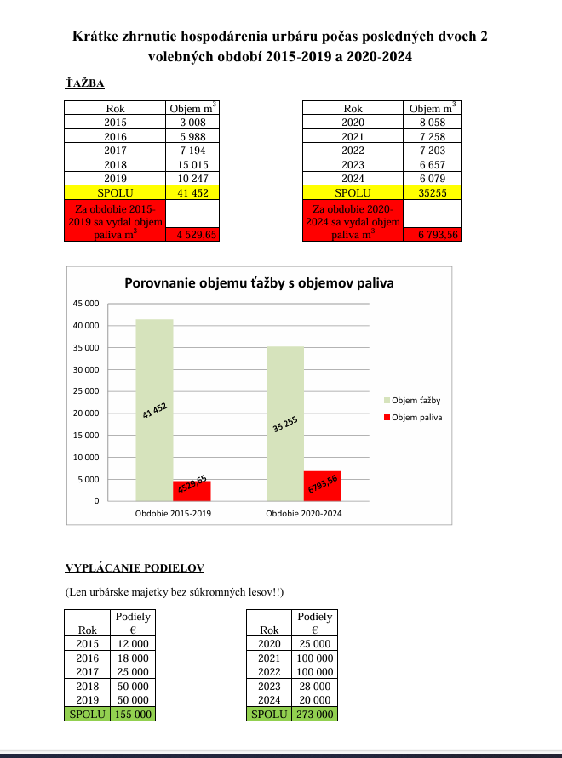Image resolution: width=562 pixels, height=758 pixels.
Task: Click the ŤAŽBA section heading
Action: click(x=84, y=83)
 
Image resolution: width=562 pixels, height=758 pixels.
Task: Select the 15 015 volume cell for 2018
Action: click(x=192, y=164)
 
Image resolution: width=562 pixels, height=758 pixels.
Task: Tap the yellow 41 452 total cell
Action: click(x=192, y=193)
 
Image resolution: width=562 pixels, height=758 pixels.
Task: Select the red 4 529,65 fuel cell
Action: click(x=192, y=234)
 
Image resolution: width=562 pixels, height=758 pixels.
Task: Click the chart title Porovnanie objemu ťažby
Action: click(x=260, y=282)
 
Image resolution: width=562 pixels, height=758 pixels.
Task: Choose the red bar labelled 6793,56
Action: click(x=322, y=486)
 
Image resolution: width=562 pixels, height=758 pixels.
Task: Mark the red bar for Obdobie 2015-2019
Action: click(x=192, y=491)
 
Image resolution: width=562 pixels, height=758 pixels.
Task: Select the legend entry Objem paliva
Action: click(x=413, y=418)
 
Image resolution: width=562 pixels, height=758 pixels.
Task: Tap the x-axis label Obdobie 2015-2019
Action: click(x=173, y=515)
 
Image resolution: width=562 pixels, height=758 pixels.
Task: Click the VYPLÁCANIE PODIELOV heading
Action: click(x=135, y=567)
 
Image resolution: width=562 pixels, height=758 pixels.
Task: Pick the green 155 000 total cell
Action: click(x=133, y=714)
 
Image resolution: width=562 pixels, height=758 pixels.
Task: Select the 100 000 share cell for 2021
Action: click(x=314, y=658)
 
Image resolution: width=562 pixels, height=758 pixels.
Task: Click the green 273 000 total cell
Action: click(x=314, y=714)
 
